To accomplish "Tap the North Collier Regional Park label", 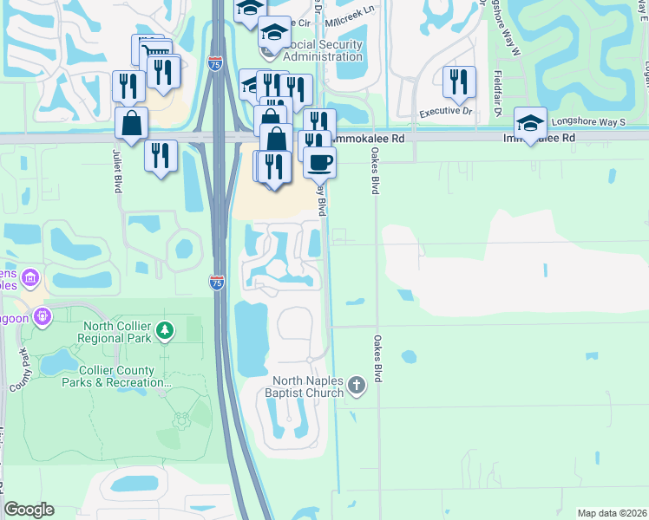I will pos(119,332).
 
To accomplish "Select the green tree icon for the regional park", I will pos(166,331).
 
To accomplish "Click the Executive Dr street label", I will pos(445,112).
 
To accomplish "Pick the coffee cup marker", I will pos(319,162).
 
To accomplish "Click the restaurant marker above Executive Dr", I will pos(458,82).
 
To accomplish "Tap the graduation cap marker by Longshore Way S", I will pos(530,121).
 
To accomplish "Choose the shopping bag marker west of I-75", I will pos(130,123).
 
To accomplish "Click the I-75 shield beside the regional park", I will pos(217,283).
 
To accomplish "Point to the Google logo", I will pos(29,510).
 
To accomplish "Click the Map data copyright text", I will pos(611,513).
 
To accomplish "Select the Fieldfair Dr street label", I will pos(499,94).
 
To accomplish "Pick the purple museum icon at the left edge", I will pos(30,278).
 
